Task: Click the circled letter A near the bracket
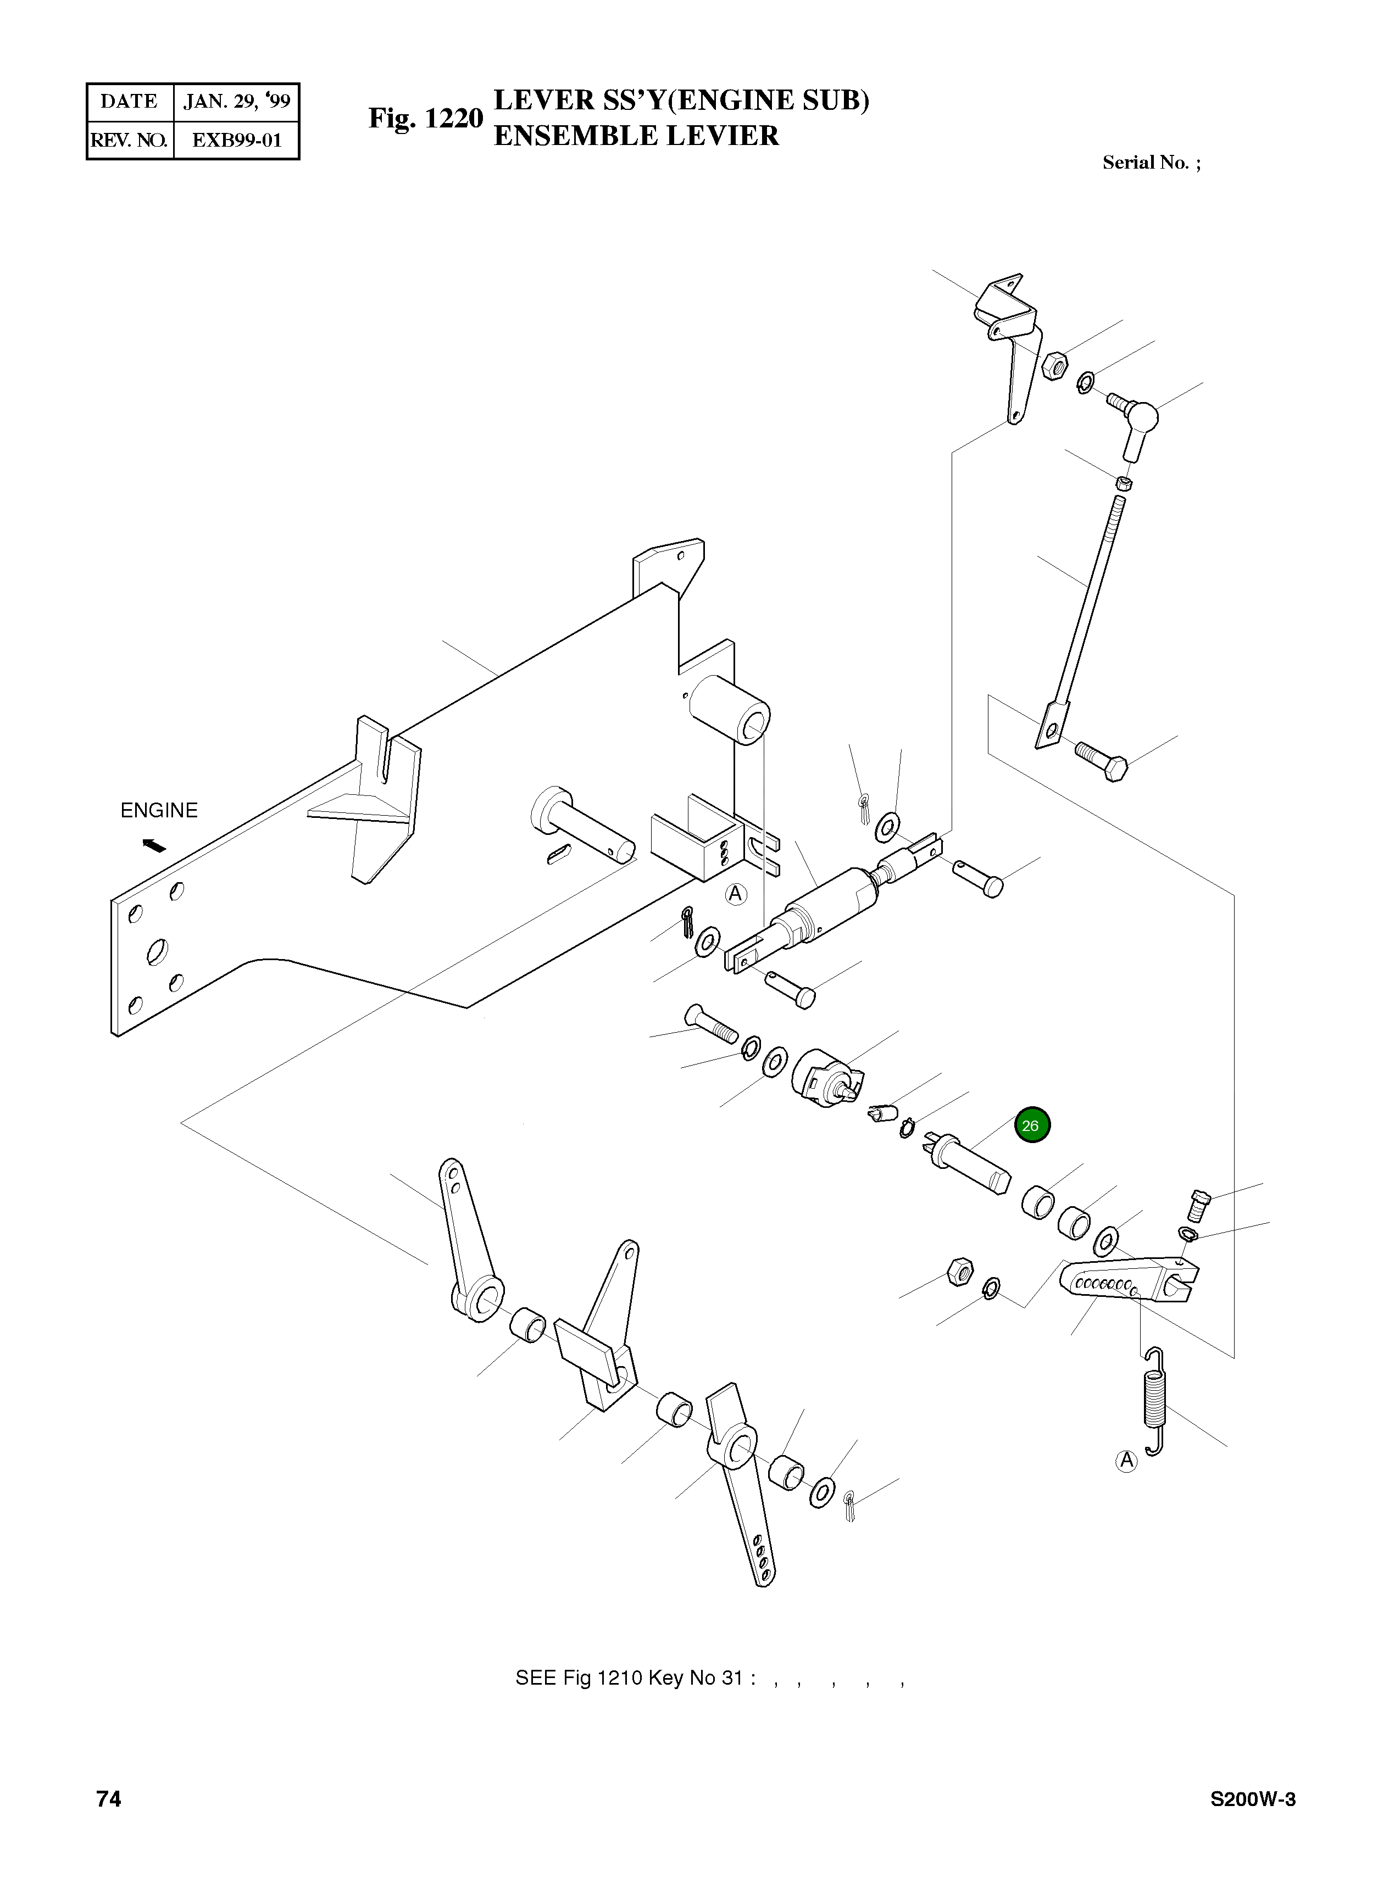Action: coord(735,894)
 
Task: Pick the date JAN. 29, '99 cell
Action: coord(236,102)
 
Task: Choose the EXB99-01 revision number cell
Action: coord(236,140)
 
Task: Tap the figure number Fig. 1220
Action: coord(425,119)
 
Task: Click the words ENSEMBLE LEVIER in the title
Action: coord(636,136)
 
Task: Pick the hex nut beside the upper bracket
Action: coord(1053,365)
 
